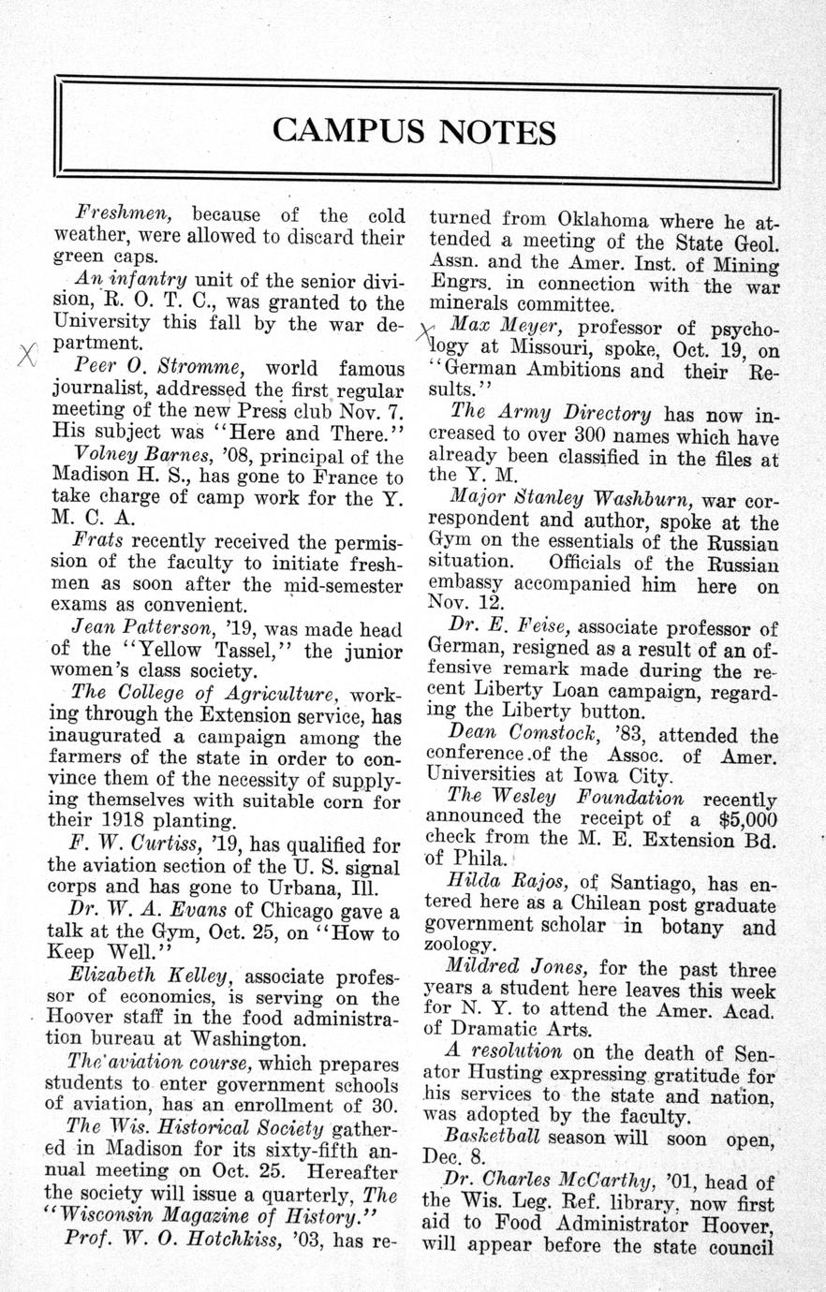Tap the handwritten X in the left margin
(28, 355)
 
